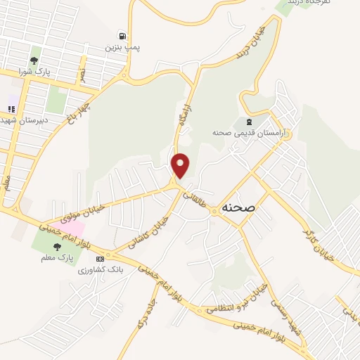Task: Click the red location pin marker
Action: pos(181,165)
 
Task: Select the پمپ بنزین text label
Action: pos(123,47)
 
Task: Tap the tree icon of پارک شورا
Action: pos(34,60)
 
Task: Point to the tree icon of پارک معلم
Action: pos(58,246)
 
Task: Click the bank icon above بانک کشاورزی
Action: pos(99,258)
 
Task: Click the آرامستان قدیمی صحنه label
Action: pos(241,132)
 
